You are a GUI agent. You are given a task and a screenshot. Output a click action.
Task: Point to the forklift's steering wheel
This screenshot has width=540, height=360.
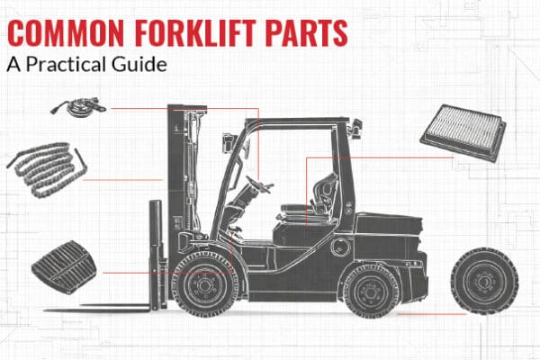coord(257,184)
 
